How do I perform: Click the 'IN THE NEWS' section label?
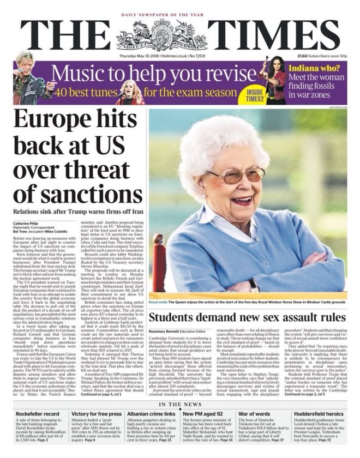[179, 405]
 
